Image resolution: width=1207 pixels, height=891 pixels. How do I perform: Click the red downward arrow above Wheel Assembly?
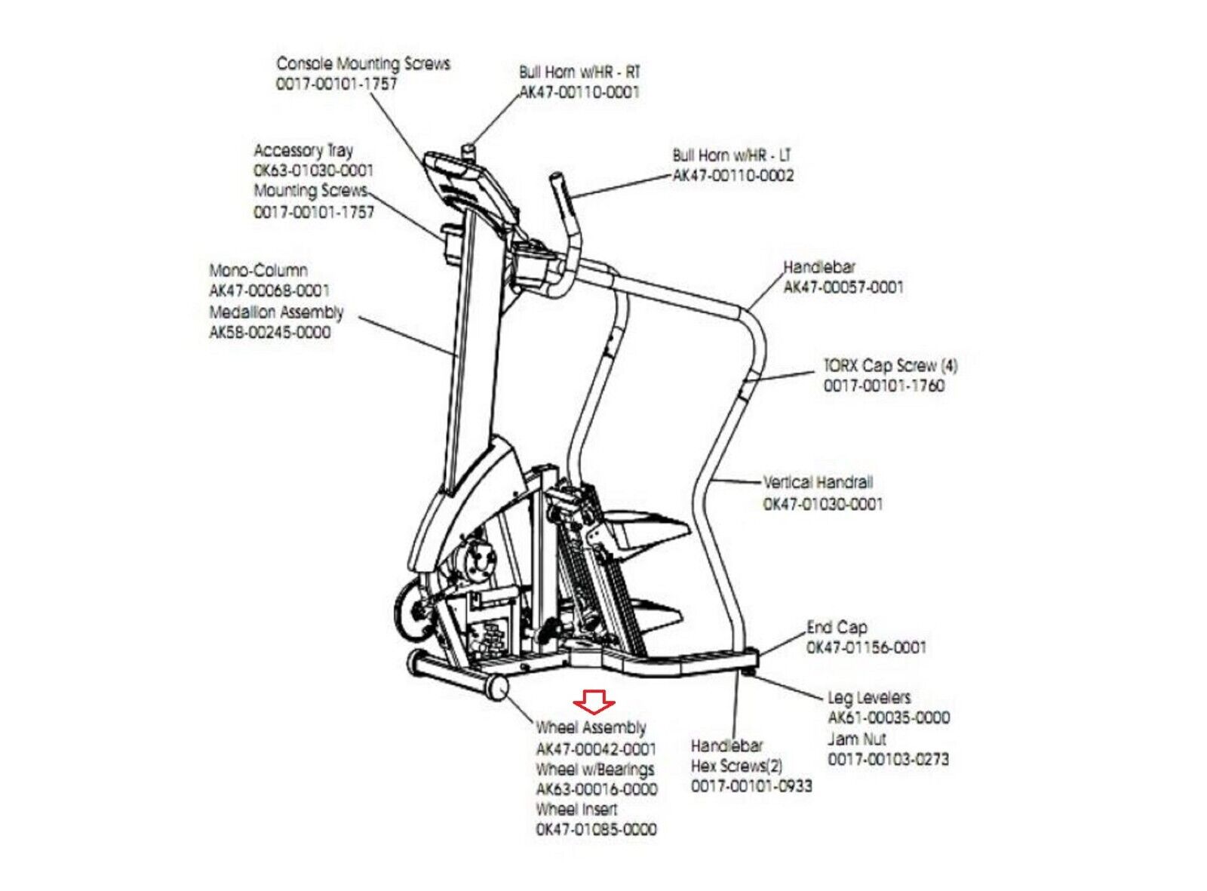point(594,702)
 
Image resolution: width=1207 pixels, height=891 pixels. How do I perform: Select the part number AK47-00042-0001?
point(596,749)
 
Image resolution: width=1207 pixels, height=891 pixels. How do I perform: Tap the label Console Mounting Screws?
point(363,63)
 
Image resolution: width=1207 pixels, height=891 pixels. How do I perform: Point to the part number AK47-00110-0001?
point(579,92)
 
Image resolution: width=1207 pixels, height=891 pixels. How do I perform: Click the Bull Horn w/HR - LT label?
point(732,155)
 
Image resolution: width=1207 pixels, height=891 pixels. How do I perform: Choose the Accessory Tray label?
point(303,150)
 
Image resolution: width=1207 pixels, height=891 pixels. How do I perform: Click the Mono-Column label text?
point(258,270)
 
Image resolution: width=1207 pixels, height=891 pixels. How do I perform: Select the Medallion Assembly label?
point(276,312)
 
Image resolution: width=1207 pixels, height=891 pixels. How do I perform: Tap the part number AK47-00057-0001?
point(843,287)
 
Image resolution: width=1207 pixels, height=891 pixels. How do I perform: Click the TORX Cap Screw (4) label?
point(890,366)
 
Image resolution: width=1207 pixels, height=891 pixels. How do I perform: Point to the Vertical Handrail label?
point(818,482)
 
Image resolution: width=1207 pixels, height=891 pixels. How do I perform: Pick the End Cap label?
point(837,627)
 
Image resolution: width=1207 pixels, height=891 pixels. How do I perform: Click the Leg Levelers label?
point(869,698)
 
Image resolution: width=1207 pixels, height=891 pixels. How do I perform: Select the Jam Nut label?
point(856,739)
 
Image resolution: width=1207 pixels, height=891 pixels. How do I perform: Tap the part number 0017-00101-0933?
point(751,786)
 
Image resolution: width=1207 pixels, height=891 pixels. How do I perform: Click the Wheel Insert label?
point(576,810)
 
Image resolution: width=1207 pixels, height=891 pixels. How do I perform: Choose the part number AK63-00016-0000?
point(596,789)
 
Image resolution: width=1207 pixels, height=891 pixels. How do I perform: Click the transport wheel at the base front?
point(497,688)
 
